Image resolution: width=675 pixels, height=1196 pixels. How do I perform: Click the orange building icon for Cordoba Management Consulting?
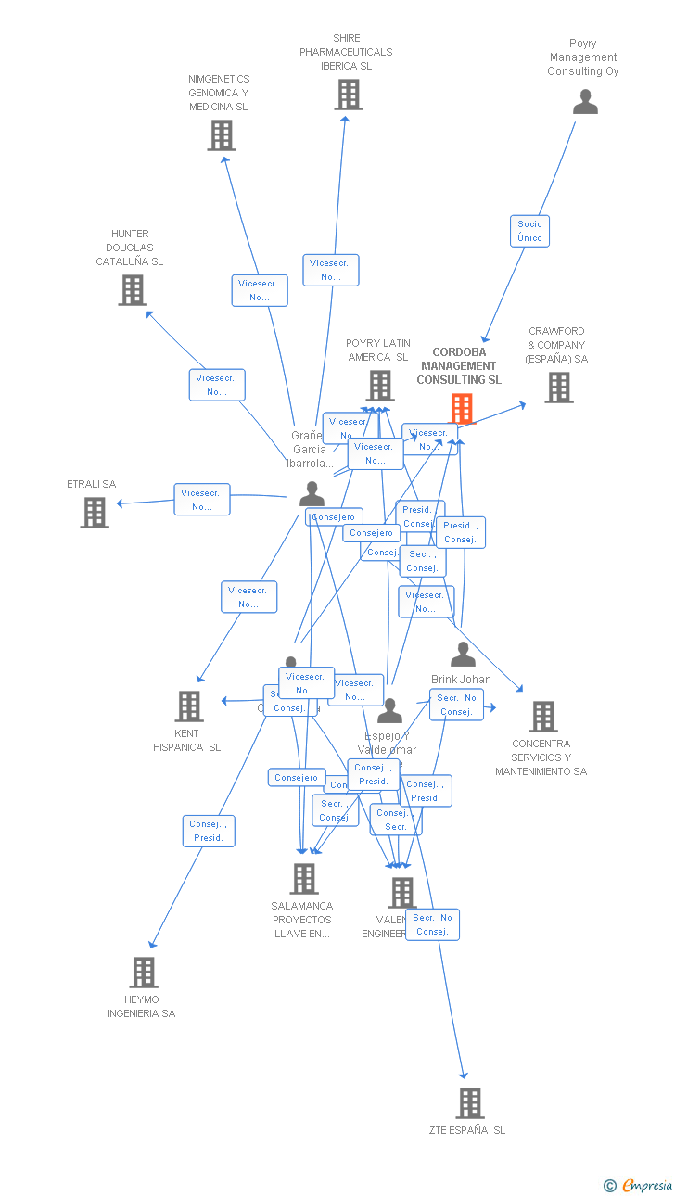click(462, 408)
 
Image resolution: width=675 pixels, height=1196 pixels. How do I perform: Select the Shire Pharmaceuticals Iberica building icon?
click(348, 95)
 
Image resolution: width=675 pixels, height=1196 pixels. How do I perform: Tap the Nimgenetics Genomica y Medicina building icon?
click(221, 135)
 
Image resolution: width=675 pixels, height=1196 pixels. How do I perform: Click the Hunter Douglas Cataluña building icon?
click(133, 290)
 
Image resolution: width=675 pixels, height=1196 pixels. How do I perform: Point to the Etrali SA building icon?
click(95, 512)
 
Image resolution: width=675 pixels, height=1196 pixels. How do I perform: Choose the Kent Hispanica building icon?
click(189, 706)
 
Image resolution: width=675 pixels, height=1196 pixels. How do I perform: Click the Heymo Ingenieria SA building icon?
click(144, 973)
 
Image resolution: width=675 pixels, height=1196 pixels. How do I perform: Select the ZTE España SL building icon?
click(470, 1103)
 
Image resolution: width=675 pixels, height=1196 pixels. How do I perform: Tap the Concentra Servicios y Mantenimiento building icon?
click(542, 717)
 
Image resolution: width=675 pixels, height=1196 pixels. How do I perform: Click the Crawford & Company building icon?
click(558, 388)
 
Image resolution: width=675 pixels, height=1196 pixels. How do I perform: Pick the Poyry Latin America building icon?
click(380, 385)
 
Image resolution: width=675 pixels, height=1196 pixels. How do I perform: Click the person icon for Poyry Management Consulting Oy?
click(585, 102)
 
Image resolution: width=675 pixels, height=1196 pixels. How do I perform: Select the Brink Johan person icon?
click(463, 655)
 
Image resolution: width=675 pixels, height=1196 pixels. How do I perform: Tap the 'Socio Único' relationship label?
click(529, 231)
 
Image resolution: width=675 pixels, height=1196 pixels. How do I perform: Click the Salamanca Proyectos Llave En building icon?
click(304, 879)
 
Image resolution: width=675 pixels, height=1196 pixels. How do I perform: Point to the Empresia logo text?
click(646, 1185)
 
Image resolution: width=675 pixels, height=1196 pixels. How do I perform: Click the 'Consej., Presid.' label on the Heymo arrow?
click(209, 831)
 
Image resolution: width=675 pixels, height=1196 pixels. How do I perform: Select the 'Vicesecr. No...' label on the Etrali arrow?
click(201, 500)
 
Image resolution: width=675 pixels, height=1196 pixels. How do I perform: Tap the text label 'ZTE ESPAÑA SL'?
click(467, 1130)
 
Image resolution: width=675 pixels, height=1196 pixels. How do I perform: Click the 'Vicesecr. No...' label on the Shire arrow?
click(330, 270)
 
